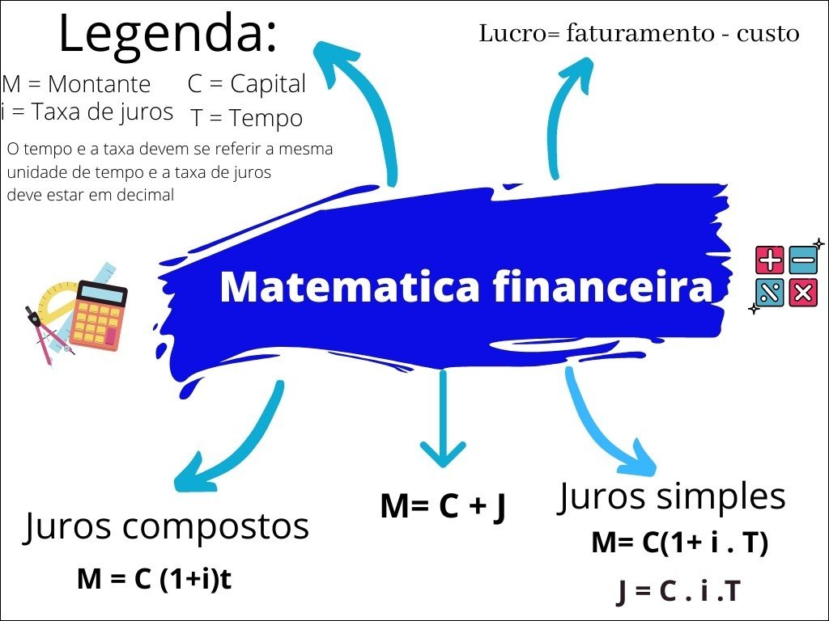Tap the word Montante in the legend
pos(99,84)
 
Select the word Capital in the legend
pos(268,83)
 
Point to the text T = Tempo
pos(247,118)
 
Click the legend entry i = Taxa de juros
pos(87,112)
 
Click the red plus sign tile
pos(769,260)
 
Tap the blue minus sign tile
pos(803,260)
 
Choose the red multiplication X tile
pos(803,293)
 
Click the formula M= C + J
pos(443,506)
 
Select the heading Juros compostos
pos(167,526)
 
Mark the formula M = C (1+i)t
pos(155,579)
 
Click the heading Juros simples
pos(672,496)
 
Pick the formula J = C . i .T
pos(678,592)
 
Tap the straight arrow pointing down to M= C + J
pos(442,420)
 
